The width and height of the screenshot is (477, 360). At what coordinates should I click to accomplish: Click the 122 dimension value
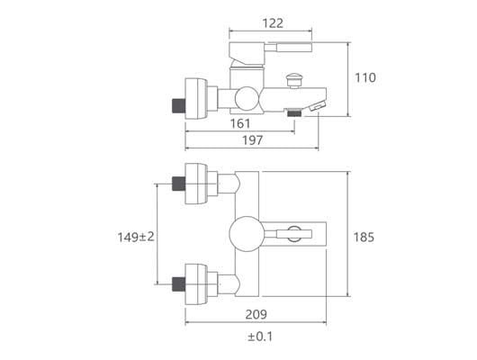(273, 23)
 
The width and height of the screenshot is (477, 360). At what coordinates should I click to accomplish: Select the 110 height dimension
(365, 77)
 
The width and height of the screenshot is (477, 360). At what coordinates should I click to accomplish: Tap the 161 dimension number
(240, 123)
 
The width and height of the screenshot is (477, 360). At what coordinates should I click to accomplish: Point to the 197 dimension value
(252, 140)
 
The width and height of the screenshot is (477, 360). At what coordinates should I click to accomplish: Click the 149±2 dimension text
(136, 237)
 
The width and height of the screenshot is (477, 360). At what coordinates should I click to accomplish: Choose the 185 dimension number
(364, 237)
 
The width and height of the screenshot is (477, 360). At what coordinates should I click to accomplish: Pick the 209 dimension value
(256, 315)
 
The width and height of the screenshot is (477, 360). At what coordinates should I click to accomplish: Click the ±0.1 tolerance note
(260, 337)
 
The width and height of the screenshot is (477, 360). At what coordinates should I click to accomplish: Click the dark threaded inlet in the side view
(178, 106)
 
